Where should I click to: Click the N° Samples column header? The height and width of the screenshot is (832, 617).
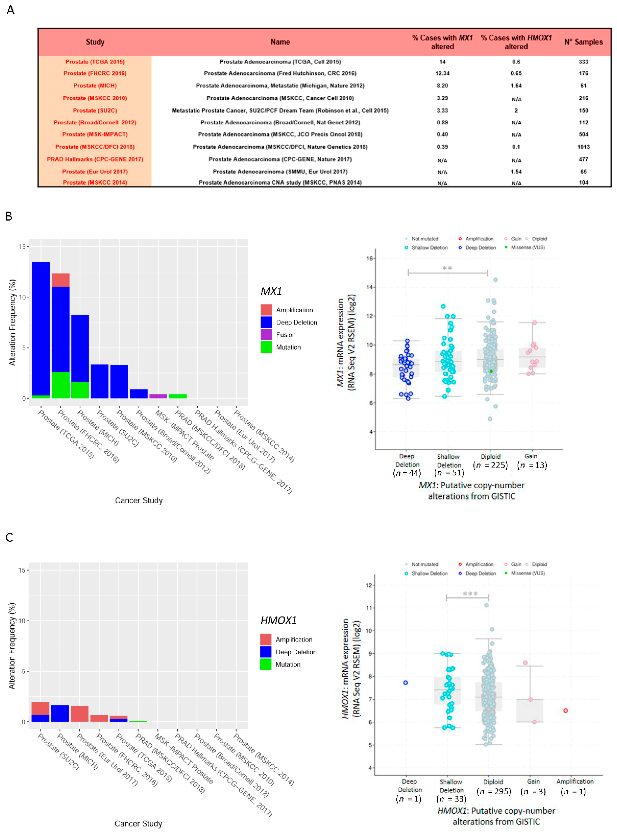(583, 42)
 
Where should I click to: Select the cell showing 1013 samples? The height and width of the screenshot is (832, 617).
(583, 147)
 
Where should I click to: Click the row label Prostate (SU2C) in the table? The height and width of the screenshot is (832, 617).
(95, 111)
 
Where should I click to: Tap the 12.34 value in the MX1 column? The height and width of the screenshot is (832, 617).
(442, 73)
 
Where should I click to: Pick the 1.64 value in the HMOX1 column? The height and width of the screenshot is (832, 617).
(516, 86)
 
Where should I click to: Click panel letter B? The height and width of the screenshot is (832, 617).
(9, 216)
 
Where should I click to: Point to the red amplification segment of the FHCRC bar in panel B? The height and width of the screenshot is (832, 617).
(60, 280)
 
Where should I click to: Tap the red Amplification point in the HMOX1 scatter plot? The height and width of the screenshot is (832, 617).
(566, 711)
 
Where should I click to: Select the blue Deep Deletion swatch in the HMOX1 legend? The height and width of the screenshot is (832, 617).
(265, 652)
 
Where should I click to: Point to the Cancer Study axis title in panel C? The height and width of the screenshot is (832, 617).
(138, 824)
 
